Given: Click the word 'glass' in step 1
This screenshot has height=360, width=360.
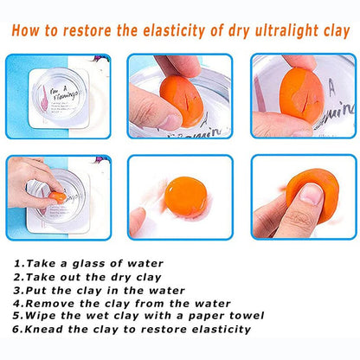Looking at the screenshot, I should pyautogui.click(x=93, y=263).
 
